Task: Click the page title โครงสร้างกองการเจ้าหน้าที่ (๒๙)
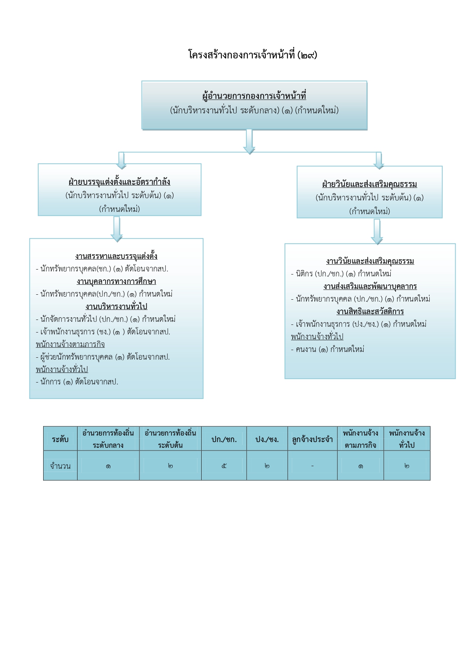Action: pos(252,55)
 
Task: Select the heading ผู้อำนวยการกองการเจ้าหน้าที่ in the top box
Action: pos(254,96)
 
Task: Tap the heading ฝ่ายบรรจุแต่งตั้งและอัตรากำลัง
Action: pos(119,182)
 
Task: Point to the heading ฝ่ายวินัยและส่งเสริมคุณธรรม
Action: pos(369,184)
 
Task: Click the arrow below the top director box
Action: pos(249,142)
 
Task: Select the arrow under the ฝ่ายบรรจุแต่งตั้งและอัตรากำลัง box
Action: pos(116,229)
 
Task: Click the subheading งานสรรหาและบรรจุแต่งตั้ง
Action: pos(116,256)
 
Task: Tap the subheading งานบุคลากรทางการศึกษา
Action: pos(116,281)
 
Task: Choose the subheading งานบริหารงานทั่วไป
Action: pos(116,307)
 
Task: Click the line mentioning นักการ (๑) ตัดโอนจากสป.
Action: pos(77,382)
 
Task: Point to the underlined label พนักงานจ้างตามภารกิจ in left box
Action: pos(70,344)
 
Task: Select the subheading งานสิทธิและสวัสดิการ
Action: pos(370,312)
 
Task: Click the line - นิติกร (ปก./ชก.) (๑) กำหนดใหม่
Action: pos(341,274)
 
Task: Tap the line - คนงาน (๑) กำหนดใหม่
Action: pos(328,349)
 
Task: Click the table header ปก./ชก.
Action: pos(224,439)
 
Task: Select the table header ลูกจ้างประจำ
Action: pos(312,439)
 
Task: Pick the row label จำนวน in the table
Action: pos(60,466)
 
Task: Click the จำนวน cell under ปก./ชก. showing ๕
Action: pos(224,466)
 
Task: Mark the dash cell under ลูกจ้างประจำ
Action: pos(312,466)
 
